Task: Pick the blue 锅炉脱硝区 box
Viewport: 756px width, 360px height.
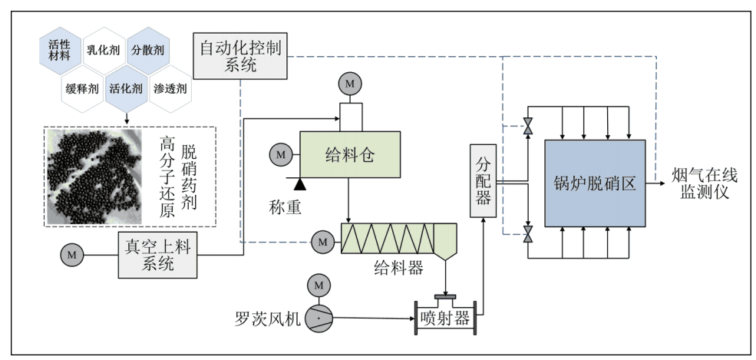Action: [594, 183]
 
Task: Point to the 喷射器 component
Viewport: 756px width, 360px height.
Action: [445, 318]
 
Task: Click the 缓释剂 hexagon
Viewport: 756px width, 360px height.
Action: [83, 88]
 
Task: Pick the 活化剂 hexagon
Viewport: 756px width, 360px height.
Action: [126, 88]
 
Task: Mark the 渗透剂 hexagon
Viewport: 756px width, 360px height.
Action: [170, 88]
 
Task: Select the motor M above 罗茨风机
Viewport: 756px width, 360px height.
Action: [318, 286]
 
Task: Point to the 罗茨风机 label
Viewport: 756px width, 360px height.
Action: [270, 319]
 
